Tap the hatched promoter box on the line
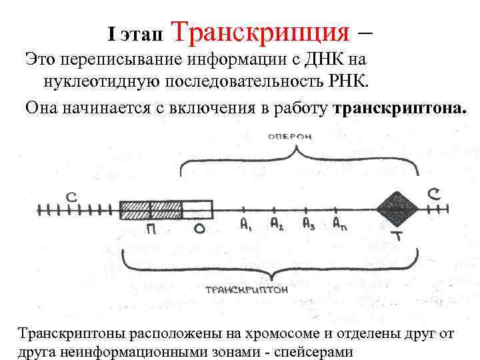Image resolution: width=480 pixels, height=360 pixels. tap(151, 209)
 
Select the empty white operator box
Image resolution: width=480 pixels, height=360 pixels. tap(198, 209)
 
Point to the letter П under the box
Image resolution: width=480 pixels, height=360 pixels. tap(152, 231)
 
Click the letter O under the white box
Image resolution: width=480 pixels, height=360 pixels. tap(198, 231)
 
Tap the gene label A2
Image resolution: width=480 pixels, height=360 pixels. tap(277, 225)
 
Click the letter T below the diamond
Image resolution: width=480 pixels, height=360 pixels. tap(398, 237)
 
